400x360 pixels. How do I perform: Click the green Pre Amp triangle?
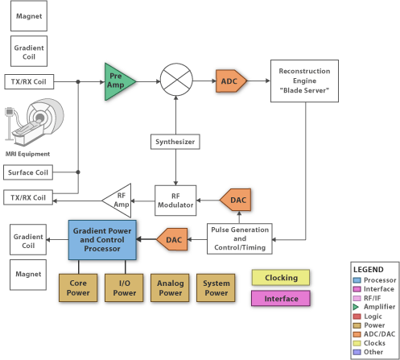pos(118,81)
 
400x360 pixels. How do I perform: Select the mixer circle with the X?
pos(175,81)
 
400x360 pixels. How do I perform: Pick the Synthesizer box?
pos(175,143)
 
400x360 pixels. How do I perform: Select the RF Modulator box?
pos(175,199)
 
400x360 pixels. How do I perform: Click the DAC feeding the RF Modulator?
pos(234,200)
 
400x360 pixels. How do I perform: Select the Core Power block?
pos(79,288)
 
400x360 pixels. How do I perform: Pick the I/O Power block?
pos(125,288)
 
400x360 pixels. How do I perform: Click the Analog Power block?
pos(171,288)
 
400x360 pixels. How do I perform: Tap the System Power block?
pos(216,288)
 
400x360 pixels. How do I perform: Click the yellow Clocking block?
pos(282,278)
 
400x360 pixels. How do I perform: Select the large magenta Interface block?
pos(282,299)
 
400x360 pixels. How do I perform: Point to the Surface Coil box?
pos(29,172)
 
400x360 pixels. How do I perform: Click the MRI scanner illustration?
pos(31,121)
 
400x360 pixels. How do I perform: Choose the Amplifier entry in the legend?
pos(376,306)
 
